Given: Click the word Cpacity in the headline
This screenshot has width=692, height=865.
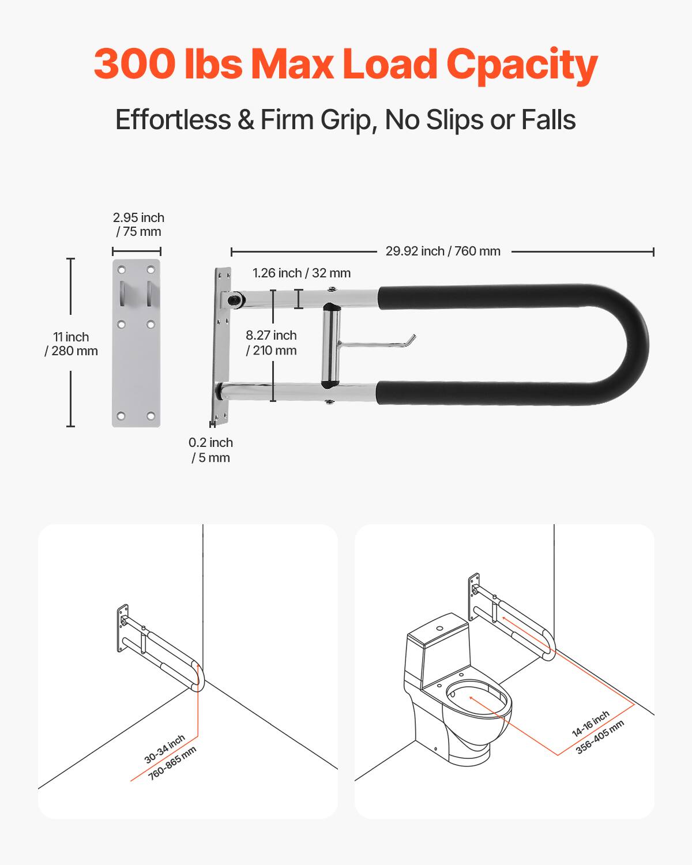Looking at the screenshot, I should [x=521, y=65].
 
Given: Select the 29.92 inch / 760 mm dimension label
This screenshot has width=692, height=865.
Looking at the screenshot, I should [x=442, y=251].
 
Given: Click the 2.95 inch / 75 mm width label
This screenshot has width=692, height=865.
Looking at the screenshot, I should [x=138, y=225].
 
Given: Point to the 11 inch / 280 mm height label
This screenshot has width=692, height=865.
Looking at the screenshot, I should [x=71, y=344].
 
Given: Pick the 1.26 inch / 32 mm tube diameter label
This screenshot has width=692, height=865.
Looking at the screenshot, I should [x=301, y=273].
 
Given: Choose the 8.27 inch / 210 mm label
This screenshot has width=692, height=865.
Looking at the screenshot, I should [x=271, y=343].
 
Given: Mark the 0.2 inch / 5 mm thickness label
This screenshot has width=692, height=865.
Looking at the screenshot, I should [x=210, y=450].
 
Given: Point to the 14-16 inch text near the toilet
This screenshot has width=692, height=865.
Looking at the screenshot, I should [x=590, y=724].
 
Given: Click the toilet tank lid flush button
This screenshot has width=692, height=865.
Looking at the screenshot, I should [x=440, y=628].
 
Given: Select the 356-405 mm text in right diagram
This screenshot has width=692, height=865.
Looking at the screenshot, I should [x=600, y=737].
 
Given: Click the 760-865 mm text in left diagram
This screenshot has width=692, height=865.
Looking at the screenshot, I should [x=172, y=763].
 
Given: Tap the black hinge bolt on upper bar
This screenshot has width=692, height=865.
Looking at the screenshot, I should [x=235, y=299].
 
